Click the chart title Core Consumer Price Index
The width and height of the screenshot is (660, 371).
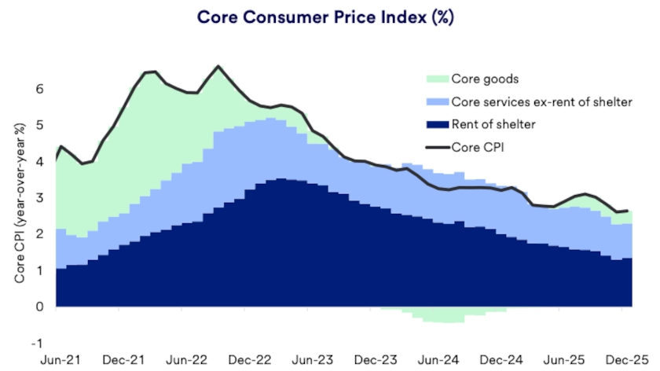[x=328, y=17]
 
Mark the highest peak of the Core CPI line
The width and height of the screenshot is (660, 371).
[x=218, y=66]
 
